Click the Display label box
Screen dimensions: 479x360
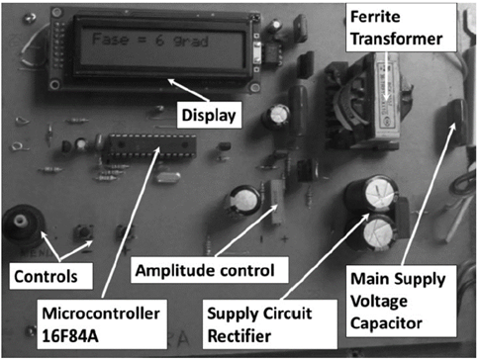(209, 115)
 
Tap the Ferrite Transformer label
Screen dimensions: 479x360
(401, 28)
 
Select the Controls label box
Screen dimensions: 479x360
(50, 276)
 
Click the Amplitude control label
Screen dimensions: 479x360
(209, 270)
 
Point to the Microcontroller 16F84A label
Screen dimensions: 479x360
(102, 324)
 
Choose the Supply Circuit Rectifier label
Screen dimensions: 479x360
(269, 324)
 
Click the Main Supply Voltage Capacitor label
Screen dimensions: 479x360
(401, 301)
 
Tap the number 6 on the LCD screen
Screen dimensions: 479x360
(159, 41)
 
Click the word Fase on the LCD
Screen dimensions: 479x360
(110, 40)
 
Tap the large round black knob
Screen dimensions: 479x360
(22, 224)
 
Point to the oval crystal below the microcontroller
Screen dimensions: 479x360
(168, 177)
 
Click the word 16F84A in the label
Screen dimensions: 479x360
(70, 336)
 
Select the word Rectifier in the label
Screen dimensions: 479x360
(239, 336)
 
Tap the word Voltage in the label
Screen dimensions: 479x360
(379, 302)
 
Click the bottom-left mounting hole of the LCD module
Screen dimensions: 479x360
(54, 85)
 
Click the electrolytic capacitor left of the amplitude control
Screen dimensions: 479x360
(244, 201)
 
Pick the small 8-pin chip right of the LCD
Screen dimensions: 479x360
(273, 52)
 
